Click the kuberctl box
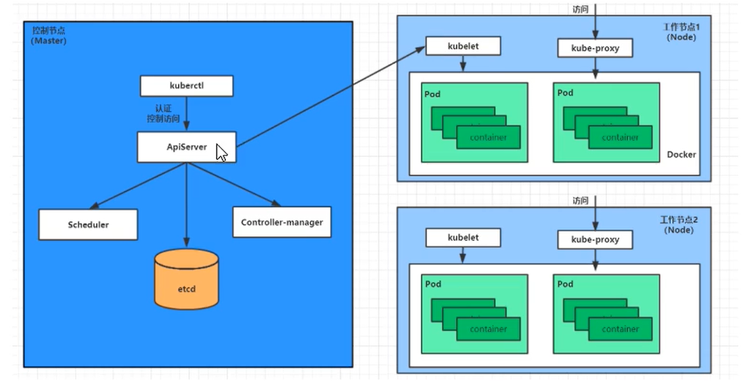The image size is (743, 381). coord(186,86)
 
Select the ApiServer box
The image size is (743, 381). coord(186,147)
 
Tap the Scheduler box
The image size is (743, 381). coord(88,225)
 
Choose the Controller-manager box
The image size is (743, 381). coord(282,222)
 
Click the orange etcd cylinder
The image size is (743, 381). coord(186,279)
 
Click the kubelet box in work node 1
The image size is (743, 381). coord(463,47)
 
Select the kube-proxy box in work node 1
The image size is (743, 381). coord(595,48)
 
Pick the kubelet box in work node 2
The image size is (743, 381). coord(463,238)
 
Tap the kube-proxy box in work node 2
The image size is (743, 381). coord(595,240)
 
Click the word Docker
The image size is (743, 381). coord(681,154)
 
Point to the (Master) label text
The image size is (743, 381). coord(49,41)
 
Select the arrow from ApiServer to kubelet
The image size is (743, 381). coord(330,96)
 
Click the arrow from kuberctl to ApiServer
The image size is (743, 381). coord(186,114)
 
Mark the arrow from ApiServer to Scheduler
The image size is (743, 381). coord(138,185)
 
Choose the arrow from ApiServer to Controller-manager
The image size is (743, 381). coord(233,184)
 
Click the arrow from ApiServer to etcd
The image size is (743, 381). coord(186,205)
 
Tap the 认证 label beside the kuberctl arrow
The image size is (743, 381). coord(163,108)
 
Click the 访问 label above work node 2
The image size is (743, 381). coord(580,200)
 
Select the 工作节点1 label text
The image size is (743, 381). coord(681,27)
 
